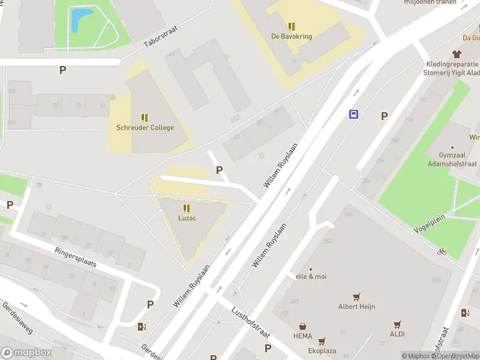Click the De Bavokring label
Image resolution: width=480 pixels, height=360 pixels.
click(x=292, y=37)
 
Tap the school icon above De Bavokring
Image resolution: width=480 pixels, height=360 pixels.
click(x=292, y=26)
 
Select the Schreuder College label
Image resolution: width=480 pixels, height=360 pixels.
click(x=145, y=127)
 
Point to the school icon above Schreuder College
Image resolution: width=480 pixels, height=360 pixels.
click(x=145, y=117)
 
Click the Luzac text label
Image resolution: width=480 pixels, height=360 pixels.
click(x=187, y=218)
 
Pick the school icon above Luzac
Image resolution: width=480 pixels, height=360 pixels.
click(x=187, y=208)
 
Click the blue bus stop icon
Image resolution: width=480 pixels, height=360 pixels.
click(x=354, y=115)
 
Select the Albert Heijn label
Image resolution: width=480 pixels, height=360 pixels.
click(x=356, y=307)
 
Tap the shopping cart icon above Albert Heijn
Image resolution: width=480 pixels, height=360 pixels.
click(x=356, y=296)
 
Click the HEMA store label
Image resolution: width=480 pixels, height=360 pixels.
click(x=302, y=335)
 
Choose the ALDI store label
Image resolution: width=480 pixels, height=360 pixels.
click(x=397, y=334)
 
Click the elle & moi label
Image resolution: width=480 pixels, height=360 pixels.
click(x=311, y=277)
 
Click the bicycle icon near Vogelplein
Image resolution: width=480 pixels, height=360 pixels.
click(x=442, y=251)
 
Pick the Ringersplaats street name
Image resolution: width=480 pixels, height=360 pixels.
click(x=75, y=259)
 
